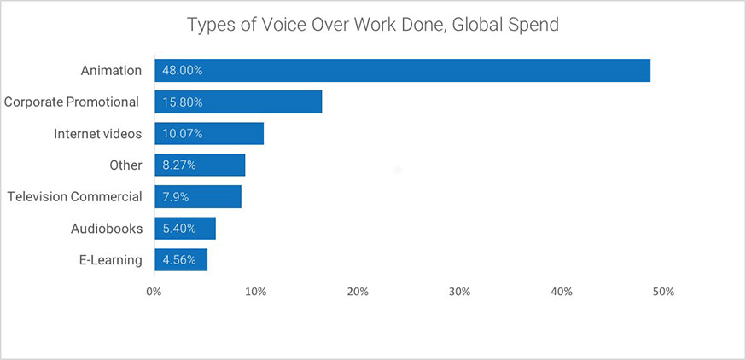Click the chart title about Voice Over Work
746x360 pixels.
372,25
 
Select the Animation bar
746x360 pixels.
403,71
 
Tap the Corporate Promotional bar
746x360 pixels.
238,102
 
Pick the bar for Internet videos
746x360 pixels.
209,134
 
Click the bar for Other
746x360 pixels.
200,165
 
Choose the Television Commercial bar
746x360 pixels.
198,196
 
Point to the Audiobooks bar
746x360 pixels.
185,229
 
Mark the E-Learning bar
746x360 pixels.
181,259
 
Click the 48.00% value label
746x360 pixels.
182,71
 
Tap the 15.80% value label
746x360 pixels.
182,102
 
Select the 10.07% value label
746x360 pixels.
182,134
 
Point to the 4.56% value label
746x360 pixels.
179,260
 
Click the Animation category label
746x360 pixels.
111,71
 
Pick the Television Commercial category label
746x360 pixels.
75,196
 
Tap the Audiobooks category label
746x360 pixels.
107,229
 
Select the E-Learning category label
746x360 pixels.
111,260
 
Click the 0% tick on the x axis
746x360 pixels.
154,292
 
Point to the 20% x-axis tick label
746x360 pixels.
358,292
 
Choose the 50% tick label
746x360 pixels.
663,292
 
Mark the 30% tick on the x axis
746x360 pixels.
459,292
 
